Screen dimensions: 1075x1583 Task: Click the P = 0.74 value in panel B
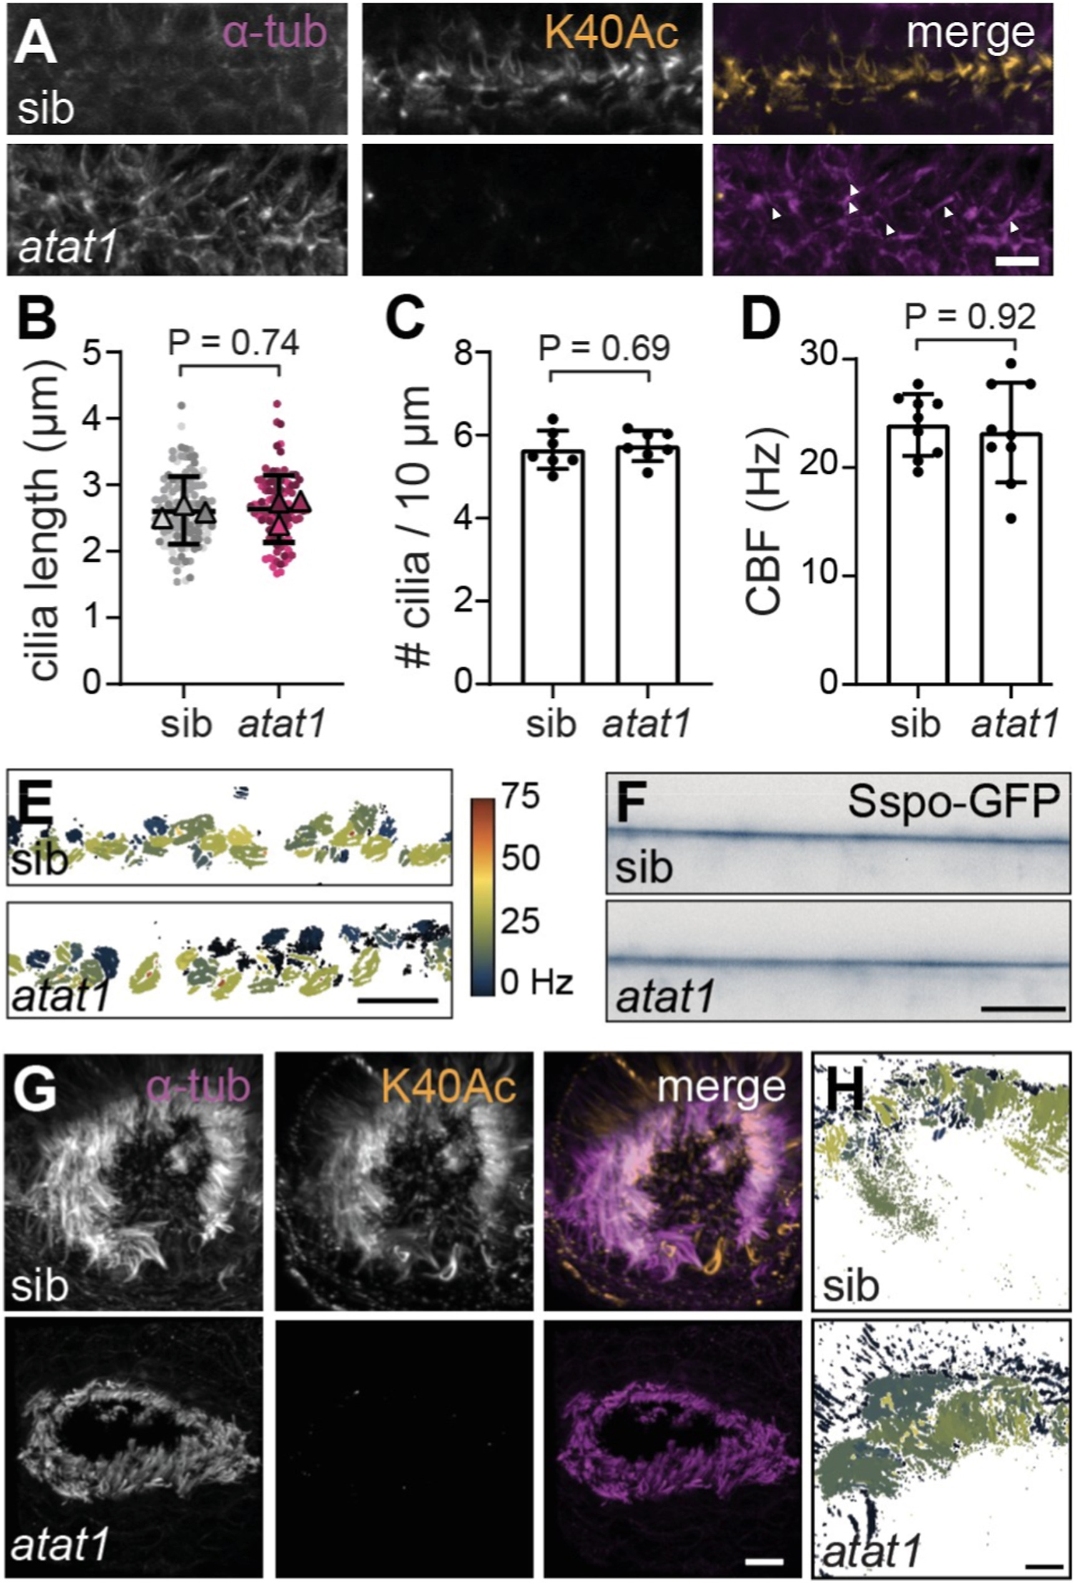coord(233,343)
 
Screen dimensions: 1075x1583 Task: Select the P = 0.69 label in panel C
coord(604,348)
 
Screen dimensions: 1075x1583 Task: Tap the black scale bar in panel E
coord(396,1001)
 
